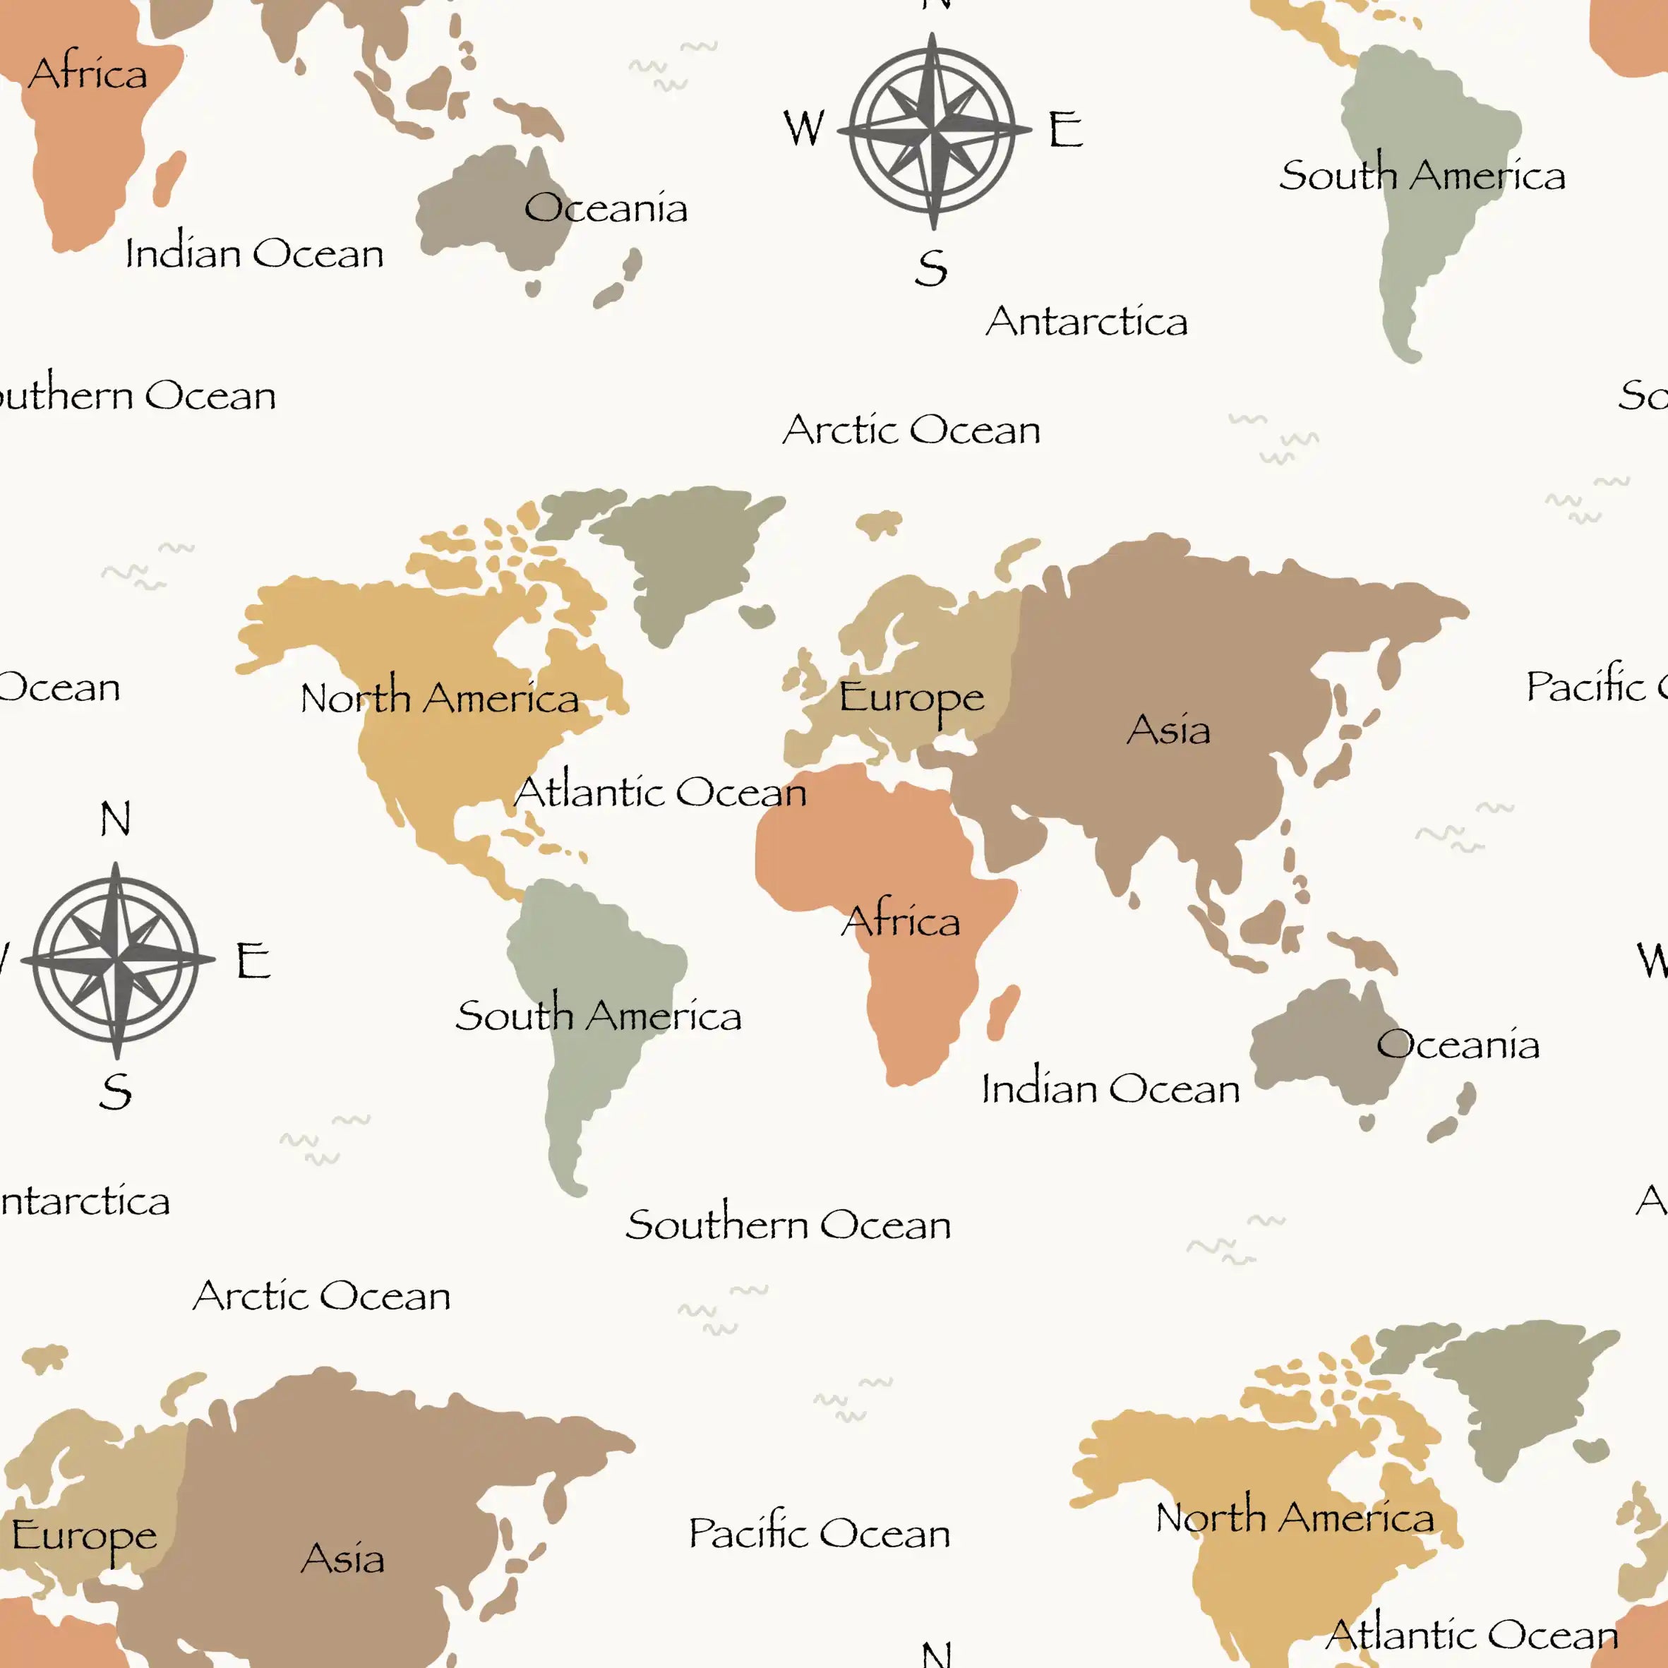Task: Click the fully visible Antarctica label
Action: point(1086,321)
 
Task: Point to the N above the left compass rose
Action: point(116,818)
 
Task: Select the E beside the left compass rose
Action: point(253,960)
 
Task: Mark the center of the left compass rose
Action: point(116,959)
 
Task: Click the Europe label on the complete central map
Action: point(911,697)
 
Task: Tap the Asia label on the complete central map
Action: point(1168,730)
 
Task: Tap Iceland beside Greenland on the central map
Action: point(757,616)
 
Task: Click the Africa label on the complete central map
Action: point(901,920)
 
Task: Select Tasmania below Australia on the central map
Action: point(1367,1122)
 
